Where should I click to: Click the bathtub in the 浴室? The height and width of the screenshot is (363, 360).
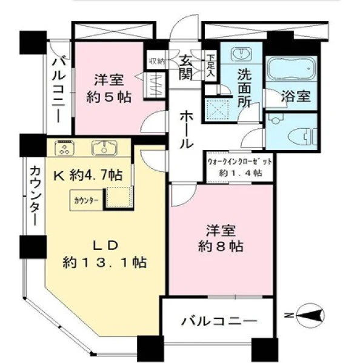[x=292, y=68]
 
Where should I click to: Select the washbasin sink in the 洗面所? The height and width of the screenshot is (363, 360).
[x=241, y=54]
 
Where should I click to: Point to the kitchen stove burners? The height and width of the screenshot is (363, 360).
[x=65, y=147]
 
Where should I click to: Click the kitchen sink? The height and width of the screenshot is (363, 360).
[x=104, y=148]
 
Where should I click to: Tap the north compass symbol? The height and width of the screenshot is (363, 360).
[x=311, y=315]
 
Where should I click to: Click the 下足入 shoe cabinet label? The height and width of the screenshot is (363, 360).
[x=211, y=66]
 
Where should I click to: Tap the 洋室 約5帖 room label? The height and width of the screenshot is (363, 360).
[x=109, y=88]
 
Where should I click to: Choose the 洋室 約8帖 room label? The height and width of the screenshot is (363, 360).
[x=221, y=238]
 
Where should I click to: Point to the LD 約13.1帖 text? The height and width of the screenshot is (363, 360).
[x=105, y=254]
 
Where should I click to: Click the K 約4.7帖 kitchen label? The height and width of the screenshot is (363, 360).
[x=88, y=175]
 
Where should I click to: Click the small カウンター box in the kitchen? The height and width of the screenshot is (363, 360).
[x=86, y=200]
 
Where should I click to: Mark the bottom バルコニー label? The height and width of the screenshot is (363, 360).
[x=219, y=321]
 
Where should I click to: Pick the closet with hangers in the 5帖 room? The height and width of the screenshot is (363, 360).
[x=155, y=86]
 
